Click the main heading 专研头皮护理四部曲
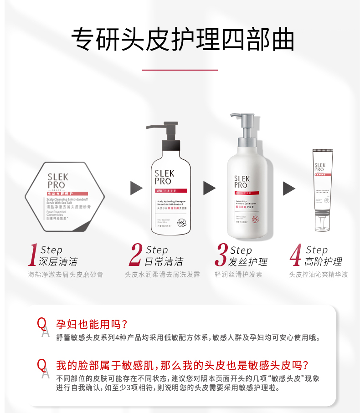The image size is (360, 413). pyautogui.click(x=180, y=41)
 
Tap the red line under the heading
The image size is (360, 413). pyautogui.click(x=180, y=70)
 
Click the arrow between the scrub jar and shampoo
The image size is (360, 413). pyautogui.click(x=136, y=188)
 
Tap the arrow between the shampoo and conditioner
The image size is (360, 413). pyautogui.click(x=209, y=188)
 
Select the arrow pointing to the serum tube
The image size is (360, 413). pyautogui.click(x=289, y=188)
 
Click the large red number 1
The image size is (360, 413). pyautogui.click(x=32, y=255)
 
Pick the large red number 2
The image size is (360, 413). pyautogui.click(x=135, y=255)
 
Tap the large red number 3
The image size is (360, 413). pyautogui.click(x=221, y=255)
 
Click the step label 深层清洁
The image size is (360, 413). pyautogui.click(x=58, y=262)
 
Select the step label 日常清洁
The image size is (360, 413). pyautogui.click(x=164, y=262)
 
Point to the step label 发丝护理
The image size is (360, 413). pyautogui.click(x=249, y=262)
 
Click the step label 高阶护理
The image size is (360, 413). pyautogui.click(x=324, y=262)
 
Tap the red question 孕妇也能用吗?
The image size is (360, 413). pyautogui.click(x=91, y=324)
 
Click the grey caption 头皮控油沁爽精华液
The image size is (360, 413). pyautogui.click(x=319, y=275)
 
